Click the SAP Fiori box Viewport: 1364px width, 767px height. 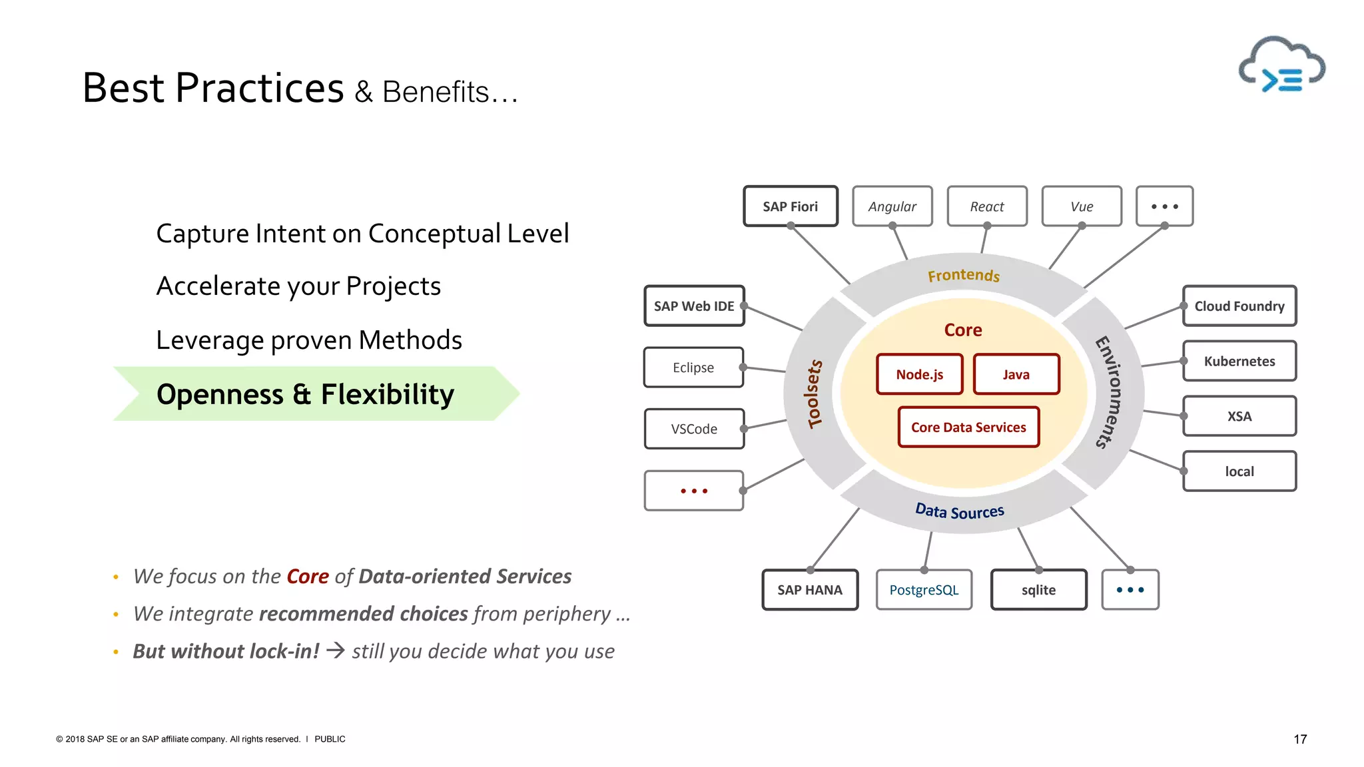[x=790, y=206]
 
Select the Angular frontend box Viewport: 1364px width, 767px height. [x=892, y=206]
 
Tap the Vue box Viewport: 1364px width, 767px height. [x=1082, y=206]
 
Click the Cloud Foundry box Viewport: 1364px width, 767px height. [x=1239, y=306]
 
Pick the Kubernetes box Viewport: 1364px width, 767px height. [x=1239, y=362]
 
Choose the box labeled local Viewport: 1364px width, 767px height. [x=1239, y=471]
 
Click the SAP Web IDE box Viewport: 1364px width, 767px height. [x=694, y=306]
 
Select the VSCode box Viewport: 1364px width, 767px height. [x=694, y=429]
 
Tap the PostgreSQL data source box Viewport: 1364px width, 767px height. [x=924, y=590]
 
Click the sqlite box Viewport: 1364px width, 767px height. [x=1038, y=590]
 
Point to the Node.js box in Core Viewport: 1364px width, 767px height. [x=919, y=375]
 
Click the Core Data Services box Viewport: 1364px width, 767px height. [x=968, y=427]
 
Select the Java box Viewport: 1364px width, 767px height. [x=1016, y=375]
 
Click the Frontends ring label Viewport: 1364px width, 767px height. [x=964, y=276]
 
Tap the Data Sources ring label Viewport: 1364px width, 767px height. [x=959, y=511]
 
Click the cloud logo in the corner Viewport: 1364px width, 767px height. [x=1281, y=67]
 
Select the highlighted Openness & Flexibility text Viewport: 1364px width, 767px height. [x=305, y=394]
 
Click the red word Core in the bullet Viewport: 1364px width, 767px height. [x=308, y=577]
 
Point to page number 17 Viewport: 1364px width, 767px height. [x=1300, y=739]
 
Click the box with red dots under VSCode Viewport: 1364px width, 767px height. [x=694, y=491]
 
